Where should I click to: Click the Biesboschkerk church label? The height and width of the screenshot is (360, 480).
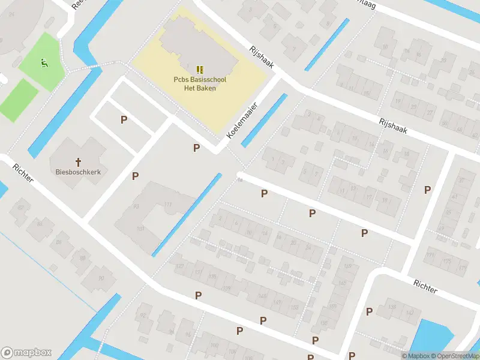(x=78, y=171)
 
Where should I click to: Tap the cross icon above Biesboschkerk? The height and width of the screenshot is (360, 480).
(x=78, y=161)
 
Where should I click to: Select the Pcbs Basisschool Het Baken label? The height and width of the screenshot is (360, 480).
(x=200, y=83)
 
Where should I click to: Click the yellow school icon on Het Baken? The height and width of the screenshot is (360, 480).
(x=200, y=70)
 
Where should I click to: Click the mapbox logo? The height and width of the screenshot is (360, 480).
(x=26, y=352)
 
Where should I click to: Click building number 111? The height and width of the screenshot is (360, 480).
(x=168, y=205)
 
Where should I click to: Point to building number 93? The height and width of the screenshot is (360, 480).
(x=136, y=206)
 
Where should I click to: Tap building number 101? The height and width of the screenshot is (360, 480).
(x=140, y=229)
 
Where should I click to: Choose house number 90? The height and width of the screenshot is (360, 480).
(x=101, y=277)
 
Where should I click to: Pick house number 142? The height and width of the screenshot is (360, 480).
(x=409, y=313)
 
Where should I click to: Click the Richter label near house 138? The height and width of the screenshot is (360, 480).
(x=425, y=286)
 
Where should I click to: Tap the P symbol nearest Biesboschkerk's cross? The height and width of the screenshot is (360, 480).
(x=136, y=176)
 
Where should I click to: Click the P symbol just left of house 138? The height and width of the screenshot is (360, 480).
(x=370, y=311)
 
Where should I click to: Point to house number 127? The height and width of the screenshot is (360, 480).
(x=179, y=266)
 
